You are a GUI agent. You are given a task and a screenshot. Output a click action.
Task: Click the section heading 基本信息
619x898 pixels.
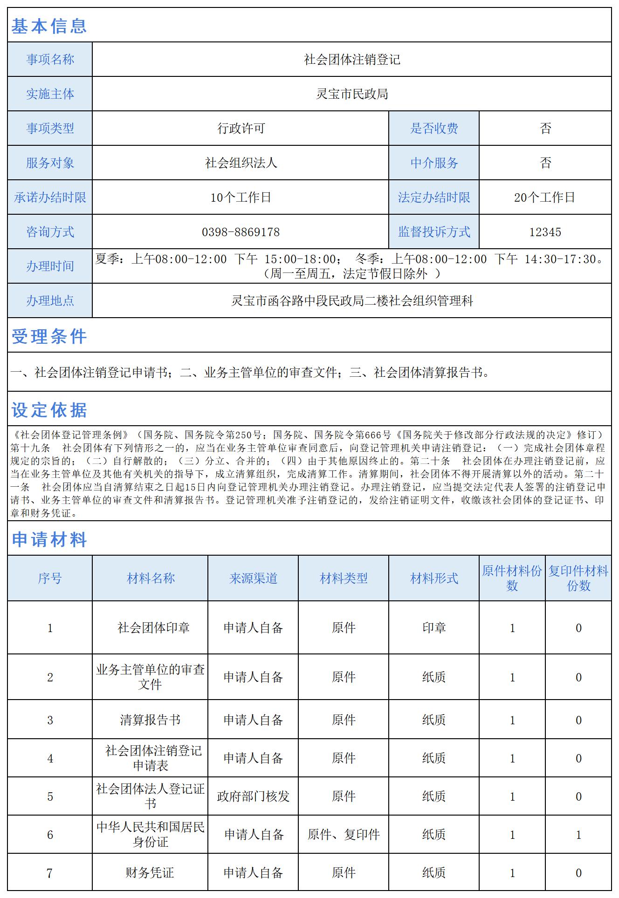pyautogui.click(x=49, y=26)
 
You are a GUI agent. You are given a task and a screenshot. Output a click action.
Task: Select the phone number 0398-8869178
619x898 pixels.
pyautogui.click(x=241, y=232)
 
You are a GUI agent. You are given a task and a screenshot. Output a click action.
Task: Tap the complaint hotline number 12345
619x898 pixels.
pyautogui.click(x=545, y=232)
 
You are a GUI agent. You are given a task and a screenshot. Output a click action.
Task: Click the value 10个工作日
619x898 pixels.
pyautogui.click(x=241, y=197)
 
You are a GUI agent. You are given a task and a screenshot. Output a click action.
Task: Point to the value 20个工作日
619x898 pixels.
pyautogui.click(x=544, y=197)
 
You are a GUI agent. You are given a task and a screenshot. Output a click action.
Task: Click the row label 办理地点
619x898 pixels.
pyautogui.click(x=50, y=301)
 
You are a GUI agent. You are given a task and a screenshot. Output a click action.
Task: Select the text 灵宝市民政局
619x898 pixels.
pyautogui.click(x=352, y=94)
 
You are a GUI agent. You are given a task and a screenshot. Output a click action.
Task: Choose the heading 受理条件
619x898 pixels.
pyautogui.click(x=49, y=336)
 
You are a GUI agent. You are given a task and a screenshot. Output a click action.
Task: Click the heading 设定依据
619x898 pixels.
pyautogui.click(x=49, y=410)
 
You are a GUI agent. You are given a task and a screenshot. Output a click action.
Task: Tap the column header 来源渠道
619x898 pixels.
pyautogui.click(x=253, y=578)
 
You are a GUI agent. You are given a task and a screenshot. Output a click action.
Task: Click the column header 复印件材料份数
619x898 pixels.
pyautogui.click(x=578, y=578)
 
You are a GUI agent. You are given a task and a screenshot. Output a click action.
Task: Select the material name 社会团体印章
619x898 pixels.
pyautogui.click(x=153, y=628)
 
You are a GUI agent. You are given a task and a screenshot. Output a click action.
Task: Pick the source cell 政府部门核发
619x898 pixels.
pyautogui.click(x=253, y=796)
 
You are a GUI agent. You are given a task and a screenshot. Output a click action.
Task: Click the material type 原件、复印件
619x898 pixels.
pyautogui.click(x=344, y=835)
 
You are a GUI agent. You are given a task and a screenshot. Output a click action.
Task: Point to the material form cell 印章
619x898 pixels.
pyautogui.click(x=434, y=628)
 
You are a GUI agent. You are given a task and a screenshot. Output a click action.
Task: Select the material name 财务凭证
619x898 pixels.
pyautogui.click(x=150, y=873)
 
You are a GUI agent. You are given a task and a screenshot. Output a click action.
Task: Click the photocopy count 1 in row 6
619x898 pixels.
pyautogui.click(x=578, y=835)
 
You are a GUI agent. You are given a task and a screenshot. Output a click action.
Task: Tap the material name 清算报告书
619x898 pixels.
pyautogui.click(x=150, y=720)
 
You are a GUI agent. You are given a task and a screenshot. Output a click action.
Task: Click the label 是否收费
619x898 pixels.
pyautogui.click(x=434, y=129)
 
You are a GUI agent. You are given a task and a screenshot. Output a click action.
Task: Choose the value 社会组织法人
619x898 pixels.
pyautogui.click(x=241, y=163)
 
